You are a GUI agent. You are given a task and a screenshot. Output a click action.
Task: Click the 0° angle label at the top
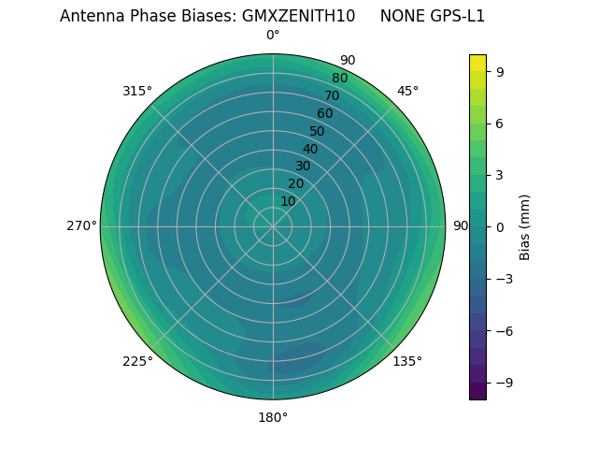pyautogui.click(x=273, y=36)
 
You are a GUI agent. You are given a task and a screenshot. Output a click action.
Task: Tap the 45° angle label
pyautogui.click(x=407, y=91)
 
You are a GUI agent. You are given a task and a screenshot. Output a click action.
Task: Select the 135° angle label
pyautogui.click(x=407, y=361)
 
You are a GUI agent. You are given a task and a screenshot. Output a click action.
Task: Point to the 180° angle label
pyautogui.click(x=273, y=417)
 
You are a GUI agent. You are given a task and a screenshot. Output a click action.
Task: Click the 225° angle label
pyautogui.click(x=137, y=361)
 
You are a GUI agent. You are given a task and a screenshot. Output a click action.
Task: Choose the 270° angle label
pyautogui.click(x=81, y=225)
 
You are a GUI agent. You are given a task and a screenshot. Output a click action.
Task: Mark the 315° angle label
pyautogui.click(x=137, y=91)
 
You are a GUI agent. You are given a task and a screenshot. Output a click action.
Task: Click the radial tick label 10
pyautogui.click(x=288, y=201)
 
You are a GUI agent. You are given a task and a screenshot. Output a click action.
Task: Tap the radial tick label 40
pyautogui.click(x=310, y=149)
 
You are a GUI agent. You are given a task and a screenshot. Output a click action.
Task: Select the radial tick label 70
pyautogui.click(x=332, y=95)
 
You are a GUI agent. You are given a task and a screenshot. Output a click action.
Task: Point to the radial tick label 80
pyautogui.click(x=339, y=78)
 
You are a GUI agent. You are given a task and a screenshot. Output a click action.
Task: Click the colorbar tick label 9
pyautogui.click(x=501, y=70)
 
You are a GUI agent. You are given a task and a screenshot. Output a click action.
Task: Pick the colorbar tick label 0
pyautogui.click(x=501, y=226)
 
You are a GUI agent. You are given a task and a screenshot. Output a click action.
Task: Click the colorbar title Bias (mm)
pyautogui.click(x=525, y=226)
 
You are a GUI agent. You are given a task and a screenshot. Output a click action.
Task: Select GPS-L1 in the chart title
pyautogui.click(x=458, y=16)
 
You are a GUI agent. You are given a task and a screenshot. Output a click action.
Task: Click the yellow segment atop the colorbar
pyautogui.click(x=477, y=62)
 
